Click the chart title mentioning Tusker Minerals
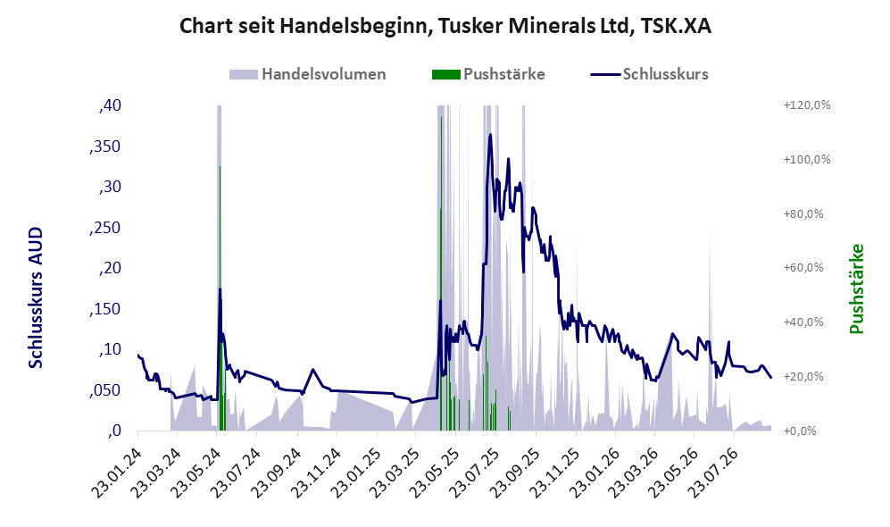click(445, 26)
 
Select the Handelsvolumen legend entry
click(308, 74)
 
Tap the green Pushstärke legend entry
click(488, 74)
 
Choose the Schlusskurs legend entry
click(649, 74)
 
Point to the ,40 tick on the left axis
click(110, 105)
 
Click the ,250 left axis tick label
click(105, 228)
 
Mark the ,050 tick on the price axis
click(105, 390)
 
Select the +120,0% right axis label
click(807, 105)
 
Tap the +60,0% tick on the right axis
click(803, 267)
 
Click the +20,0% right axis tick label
click(803, 377)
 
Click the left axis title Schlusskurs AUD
click(36, 297)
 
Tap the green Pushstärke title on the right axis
click(856, 289)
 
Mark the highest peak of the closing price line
click(490, 135)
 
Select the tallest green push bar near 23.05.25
click(441, 273)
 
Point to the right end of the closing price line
click(770, 378)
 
